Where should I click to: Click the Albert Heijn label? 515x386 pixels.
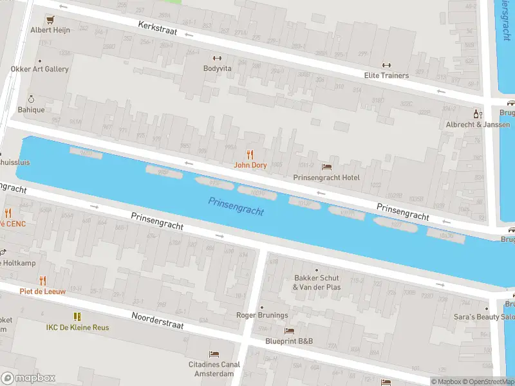click(x=49, y=30)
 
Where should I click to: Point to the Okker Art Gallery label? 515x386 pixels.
click(x=39, y=69)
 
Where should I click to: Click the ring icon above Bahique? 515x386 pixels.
click(x=30, y=99)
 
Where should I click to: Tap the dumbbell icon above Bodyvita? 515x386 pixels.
click(x=217, y=57)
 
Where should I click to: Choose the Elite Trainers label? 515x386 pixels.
click(x=386, y=75)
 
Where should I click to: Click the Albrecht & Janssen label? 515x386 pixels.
click(x=477, y=124)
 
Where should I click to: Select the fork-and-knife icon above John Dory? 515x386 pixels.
click(x=250, y=154)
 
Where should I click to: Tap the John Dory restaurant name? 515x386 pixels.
click(x=250, y=165)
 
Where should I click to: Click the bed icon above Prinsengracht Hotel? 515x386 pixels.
click(x=326, y=167)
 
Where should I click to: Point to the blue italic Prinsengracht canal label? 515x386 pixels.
click(x=236, y=207)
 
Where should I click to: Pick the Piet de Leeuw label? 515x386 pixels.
click(x=42, y=291)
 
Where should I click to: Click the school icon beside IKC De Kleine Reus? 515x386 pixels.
click(x=77, y=317)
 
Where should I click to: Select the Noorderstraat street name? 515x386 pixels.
click(x=158, y=320)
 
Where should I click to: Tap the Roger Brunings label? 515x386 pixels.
click(x=261, y=315)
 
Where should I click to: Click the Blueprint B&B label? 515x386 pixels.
click(x=289, y=341)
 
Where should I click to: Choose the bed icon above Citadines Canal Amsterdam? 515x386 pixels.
click(x=214, y=354)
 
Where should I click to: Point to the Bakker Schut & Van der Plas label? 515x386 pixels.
click(x=316, y=282)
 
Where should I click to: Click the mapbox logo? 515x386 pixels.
click(x=28, y=378)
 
